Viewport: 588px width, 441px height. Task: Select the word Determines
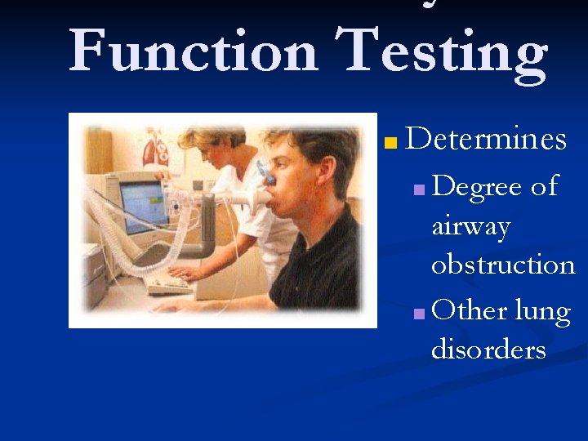pyautogui.click(x=485, y=139)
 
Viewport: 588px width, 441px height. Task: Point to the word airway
pyautogui.click(x=470, y=226)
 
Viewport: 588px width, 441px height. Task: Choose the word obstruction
pyautogui.click(x=503, y=265)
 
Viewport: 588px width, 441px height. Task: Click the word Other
pyautogui.click(x=470, y=310)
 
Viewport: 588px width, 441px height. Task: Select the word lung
pyautogui.click(x=542, y=312)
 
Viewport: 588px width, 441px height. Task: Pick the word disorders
pyautogui.click(x=488, y=350)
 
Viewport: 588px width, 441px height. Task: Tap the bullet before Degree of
pyautogui.click(x=419, y=191)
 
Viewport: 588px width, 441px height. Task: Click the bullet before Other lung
pyautogui.click(x=419, y=315)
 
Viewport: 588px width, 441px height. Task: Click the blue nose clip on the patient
pyautogui.click(x=267, y=172)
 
